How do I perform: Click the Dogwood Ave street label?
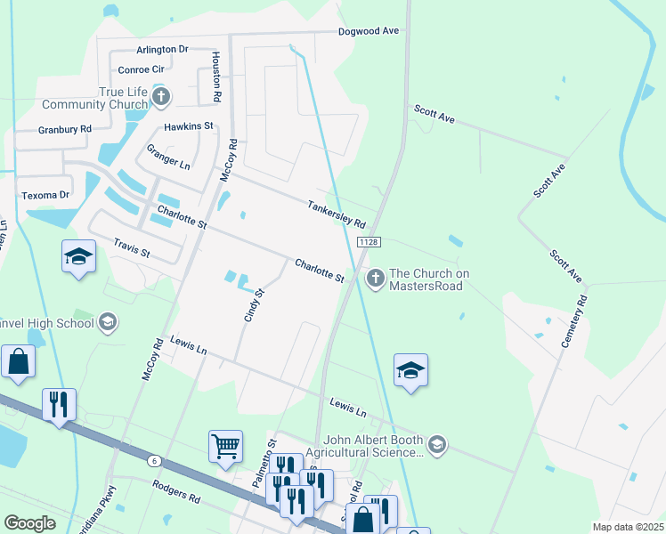point(368,31)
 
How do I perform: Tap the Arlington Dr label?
point(162,50)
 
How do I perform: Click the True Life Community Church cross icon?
point(160,95)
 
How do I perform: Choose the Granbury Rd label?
point(65,129)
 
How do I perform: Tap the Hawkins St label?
point(189,126)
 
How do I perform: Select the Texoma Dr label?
point(45,195)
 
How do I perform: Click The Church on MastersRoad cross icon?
point(375,279)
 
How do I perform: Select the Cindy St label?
point(254,304)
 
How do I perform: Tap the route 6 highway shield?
point(155,460)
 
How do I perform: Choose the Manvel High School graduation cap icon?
point(108,322)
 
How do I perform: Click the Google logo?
point(30,523)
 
